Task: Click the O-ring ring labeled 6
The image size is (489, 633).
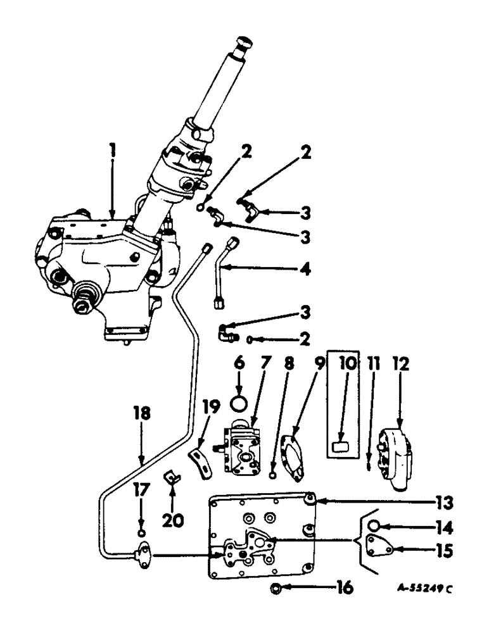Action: [239, 403]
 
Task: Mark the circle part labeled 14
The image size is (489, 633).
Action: [374, 525]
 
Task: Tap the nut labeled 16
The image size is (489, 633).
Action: [277, 588]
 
